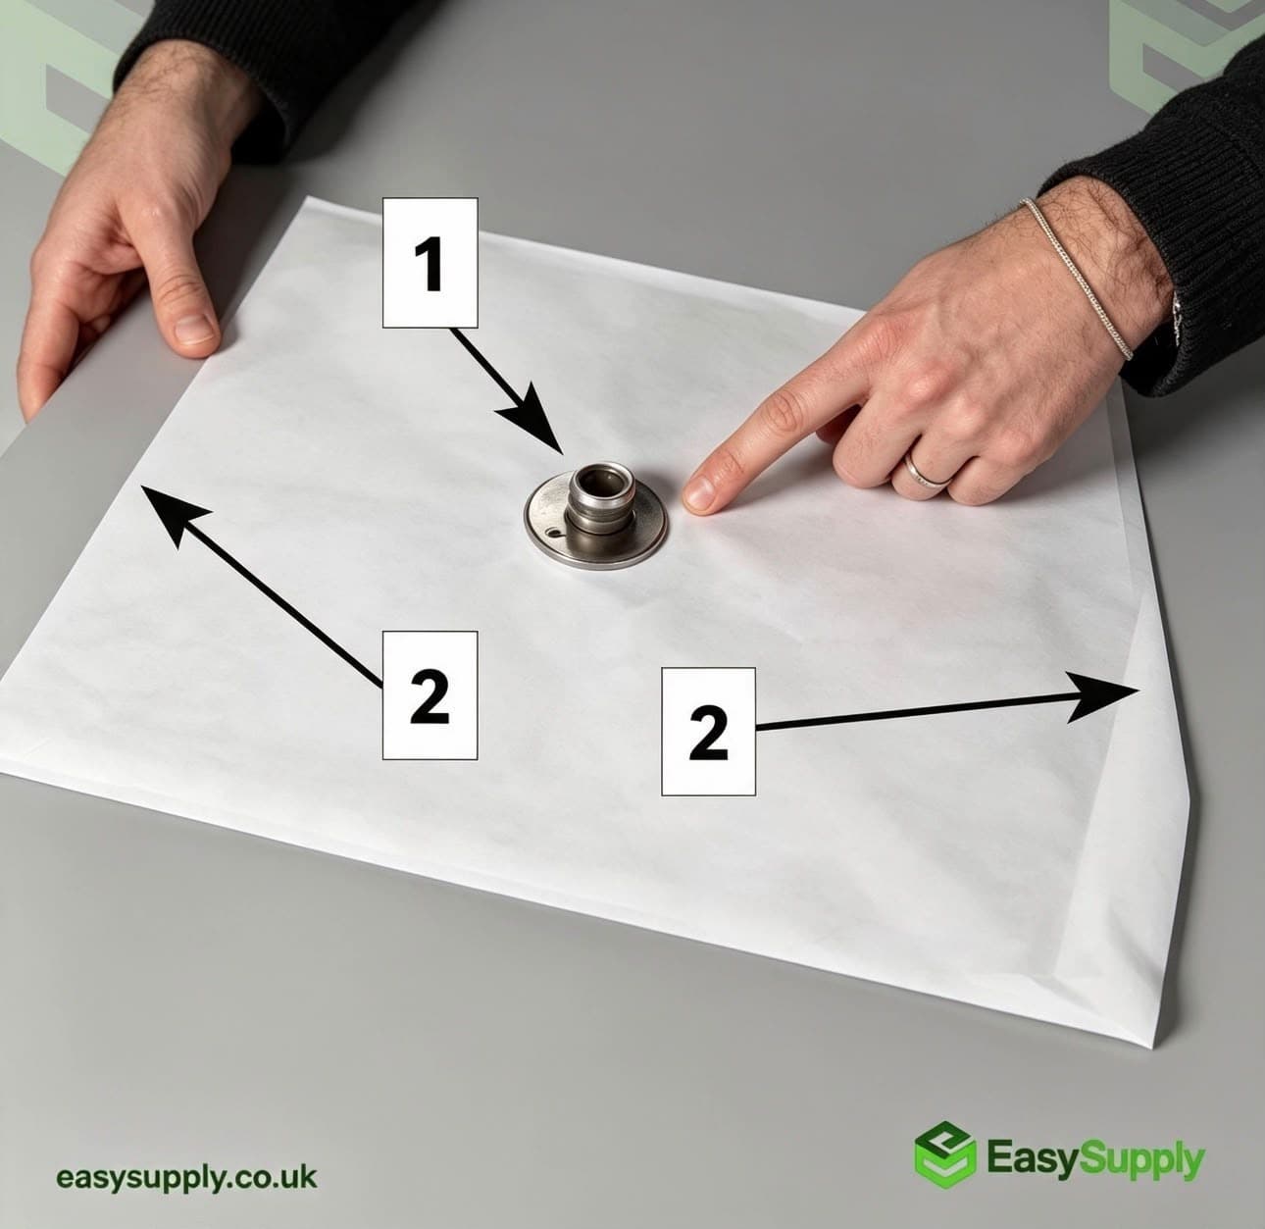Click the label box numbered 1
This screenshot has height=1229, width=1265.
point(430,263)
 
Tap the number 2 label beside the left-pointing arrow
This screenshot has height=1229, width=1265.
point(430,695)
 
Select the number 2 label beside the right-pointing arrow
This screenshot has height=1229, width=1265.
point(708,732)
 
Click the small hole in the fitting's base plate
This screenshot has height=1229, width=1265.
point(554,534)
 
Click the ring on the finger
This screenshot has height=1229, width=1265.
point(927,474)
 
